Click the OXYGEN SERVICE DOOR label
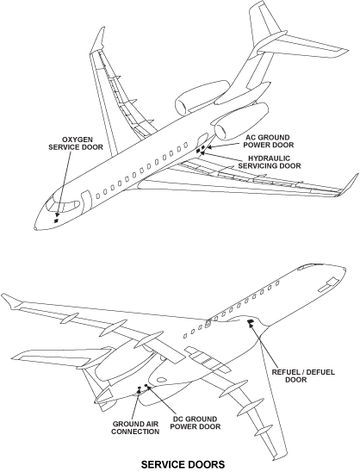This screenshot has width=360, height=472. (x=76, y=143)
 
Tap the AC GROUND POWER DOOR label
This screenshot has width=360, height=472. (x=269, y=141)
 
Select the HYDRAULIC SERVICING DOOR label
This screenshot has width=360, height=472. (x=270, y=162)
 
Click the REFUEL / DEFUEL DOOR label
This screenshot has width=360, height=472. (x=303, y=376)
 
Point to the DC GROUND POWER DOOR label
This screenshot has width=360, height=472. (x=196, y=423)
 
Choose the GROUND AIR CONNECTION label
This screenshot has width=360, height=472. (x=135, y=428)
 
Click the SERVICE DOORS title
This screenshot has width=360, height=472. (x=183, y=464)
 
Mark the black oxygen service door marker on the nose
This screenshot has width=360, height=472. (x=56, y=220)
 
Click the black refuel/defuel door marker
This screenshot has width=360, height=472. (x=251, y=322)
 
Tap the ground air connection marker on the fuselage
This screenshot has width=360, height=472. (x=139, y=388)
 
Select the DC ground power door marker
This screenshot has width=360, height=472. (x=146, y=385)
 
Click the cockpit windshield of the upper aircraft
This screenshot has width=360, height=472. (x=62, y=204)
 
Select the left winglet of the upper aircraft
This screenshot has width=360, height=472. (x=98, y=39)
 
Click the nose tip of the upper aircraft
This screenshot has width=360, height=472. (x=35, y=228)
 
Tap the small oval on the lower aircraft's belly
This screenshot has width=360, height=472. (x=161, y=380)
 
